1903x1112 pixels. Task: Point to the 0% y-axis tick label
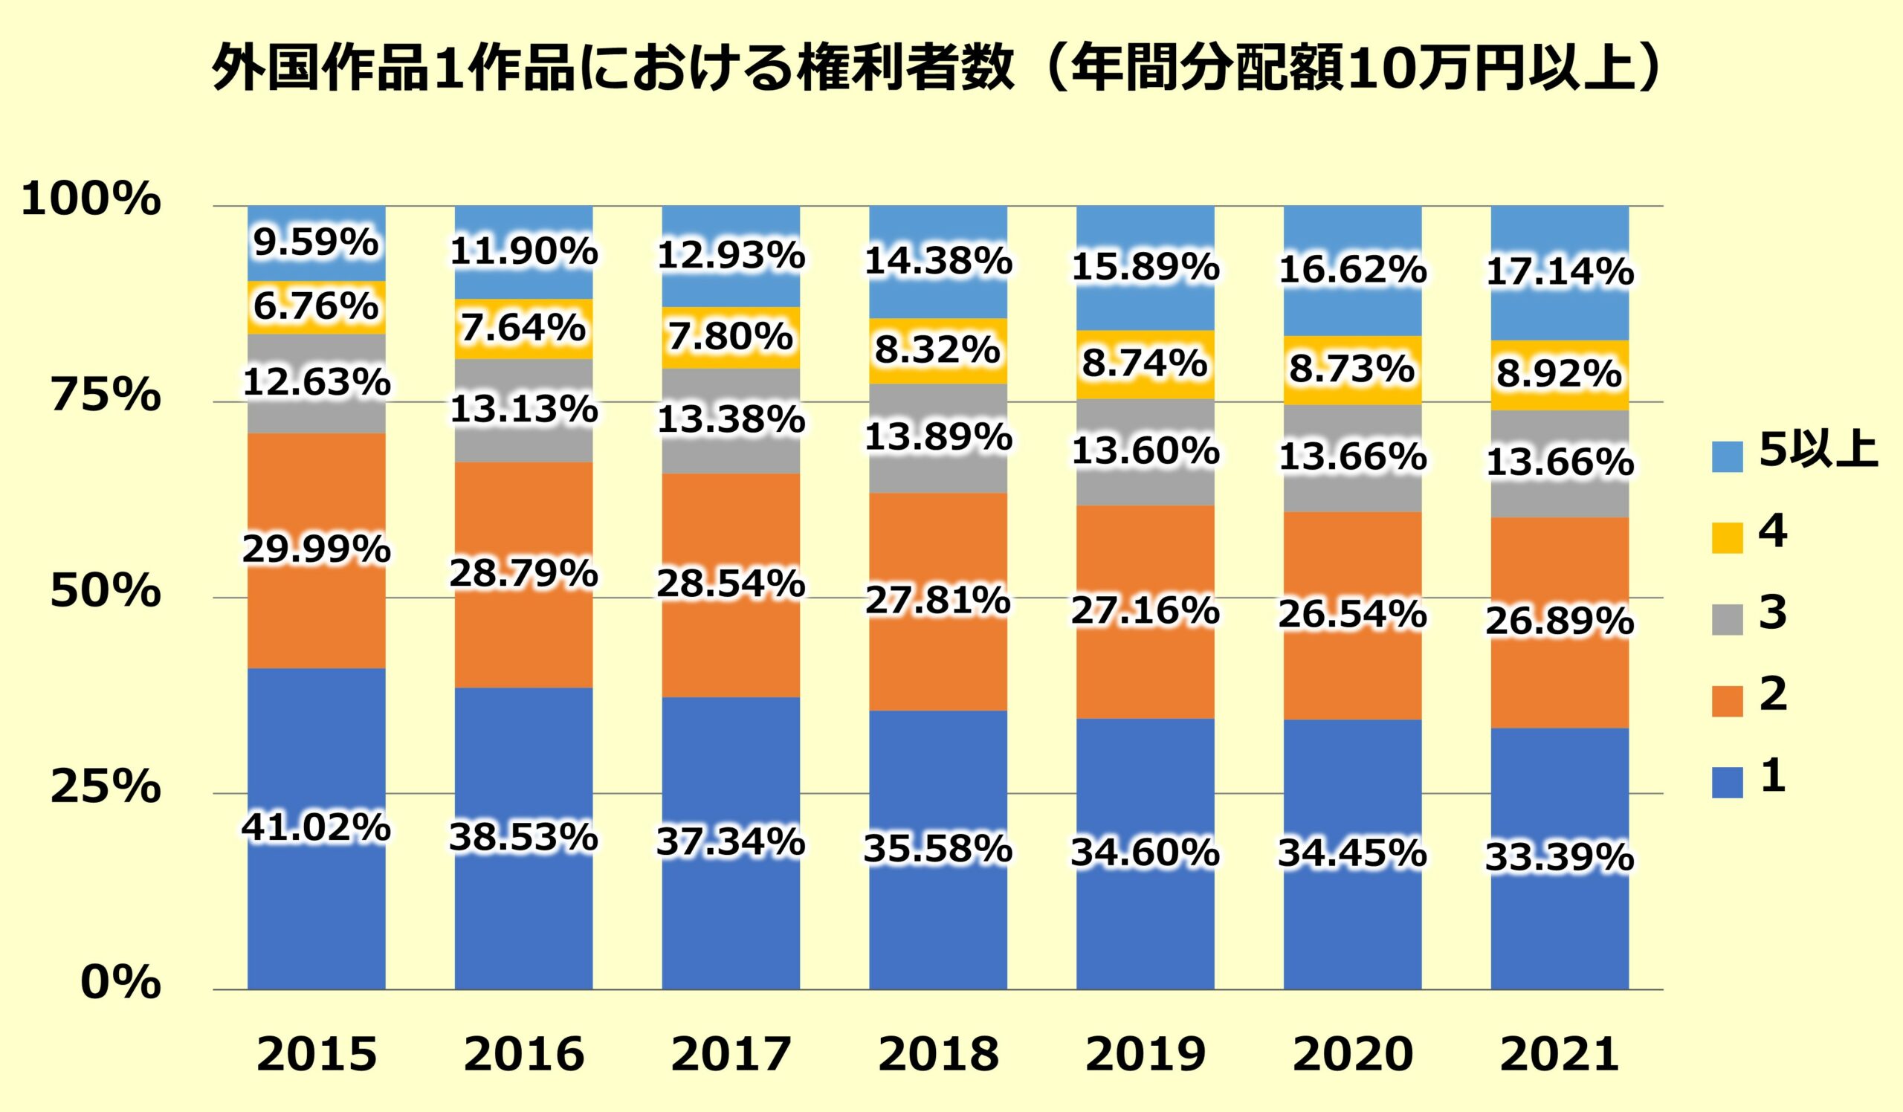[121, 983]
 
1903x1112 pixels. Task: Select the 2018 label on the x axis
[938, 1055]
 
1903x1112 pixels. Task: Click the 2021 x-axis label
[1560, 1055]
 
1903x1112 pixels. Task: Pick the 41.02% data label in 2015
[316, 828]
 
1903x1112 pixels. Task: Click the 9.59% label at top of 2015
[316, 243]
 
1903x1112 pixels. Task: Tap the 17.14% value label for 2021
[1560, 273]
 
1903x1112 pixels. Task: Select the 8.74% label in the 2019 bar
[1145, 364]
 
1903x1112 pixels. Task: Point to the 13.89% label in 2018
[938, 438]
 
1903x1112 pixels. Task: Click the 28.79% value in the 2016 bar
[523, 575]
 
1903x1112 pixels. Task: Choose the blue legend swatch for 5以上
[1727, 456]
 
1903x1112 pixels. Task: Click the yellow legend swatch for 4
[1727, 537]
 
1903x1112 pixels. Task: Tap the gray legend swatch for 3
[1727, 619]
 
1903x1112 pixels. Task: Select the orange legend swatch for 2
[1727, 700]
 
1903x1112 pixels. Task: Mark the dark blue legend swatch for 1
[1727, 782]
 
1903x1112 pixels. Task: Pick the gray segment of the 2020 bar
[1351, 491]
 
